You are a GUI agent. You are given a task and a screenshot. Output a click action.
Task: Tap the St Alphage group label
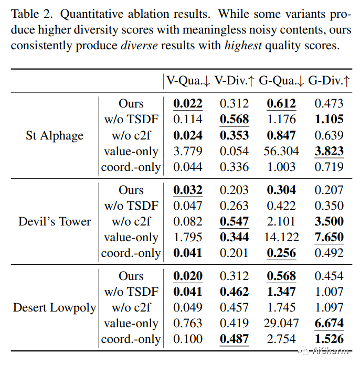(55, 136)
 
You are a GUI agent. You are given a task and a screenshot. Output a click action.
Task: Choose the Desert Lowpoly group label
(55, 307)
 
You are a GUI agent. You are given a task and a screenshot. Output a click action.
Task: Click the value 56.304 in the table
(281, 152)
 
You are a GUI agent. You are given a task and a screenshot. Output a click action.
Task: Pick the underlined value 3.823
(329, 152)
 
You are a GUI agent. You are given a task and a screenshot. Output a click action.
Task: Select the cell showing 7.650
(329, 238)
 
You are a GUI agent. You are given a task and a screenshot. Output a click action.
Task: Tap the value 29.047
(281, 324)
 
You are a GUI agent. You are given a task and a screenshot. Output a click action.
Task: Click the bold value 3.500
(329, 221)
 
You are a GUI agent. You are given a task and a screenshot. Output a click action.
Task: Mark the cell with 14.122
(281, 238)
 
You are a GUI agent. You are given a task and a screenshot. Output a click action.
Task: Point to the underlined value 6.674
(329, 324)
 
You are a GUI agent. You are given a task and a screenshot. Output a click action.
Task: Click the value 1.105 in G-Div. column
(329, 120)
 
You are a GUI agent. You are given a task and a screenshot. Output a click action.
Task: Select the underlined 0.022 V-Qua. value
(188, 104)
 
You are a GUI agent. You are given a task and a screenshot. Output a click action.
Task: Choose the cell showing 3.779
(188, 152)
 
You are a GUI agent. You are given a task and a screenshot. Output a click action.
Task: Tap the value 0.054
(234, 152)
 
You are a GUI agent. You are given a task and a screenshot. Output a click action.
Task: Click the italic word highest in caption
(243, 46)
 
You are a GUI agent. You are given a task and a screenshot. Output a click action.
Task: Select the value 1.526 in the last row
(329, 339)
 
